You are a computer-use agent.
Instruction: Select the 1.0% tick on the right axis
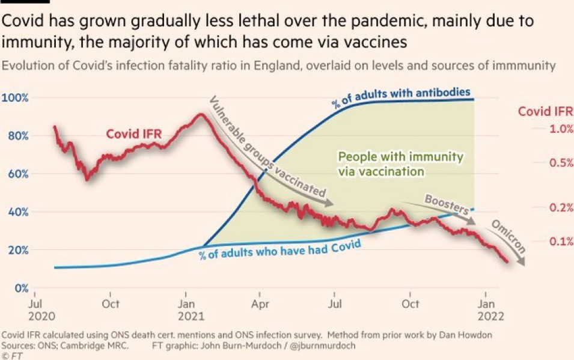[561, 129]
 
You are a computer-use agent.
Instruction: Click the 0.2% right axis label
[561, 207]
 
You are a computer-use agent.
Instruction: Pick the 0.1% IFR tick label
[561, 242]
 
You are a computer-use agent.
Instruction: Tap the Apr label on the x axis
[260, 304]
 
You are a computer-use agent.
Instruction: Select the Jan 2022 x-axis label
[490, 310]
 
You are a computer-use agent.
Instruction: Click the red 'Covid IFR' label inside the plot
[134, 133]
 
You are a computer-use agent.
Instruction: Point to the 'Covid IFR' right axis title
[545, 111]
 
